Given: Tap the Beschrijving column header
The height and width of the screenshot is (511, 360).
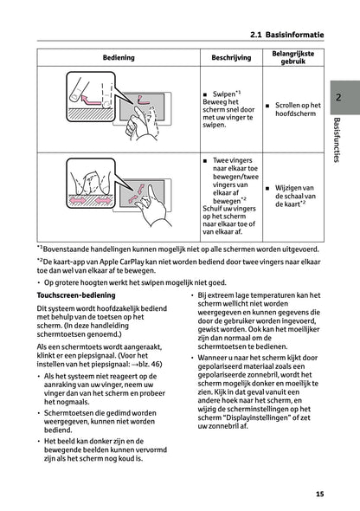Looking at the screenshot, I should [224, 56].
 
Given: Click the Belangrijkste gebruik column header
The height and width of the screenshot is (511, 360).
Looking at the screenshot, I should [293, 56].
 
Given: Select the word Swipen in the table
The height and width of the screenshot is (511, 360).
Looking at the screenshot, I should [223, 93].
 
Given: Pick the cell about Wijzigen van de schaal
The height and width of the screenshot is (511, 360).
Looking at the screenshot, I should [294, 197].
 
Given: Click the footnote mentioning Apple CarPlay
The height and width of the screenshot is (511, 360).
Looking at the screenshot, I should [173, 264].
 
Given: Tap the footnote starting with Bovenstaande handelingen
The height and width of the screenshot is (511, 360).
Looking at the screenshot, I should [173, 247].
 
